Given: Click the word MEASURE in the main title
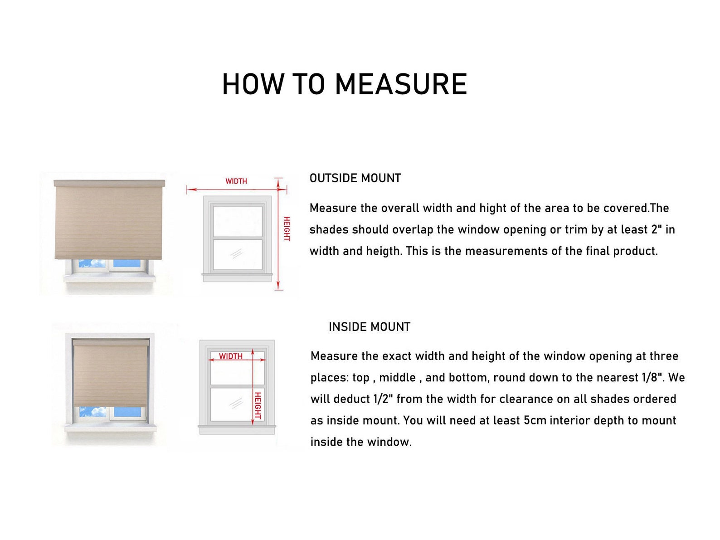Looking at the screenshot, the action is [401, 84].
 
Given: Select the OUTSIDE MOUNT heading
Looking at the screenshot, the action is [355, 178].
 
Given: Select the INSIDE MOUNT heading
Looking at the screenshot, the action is [370, 327].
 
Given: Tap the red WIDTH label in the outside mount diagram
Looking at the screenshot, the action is [236, 181].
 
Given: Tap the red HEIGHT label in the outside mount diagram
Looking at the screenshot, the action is [287, 229].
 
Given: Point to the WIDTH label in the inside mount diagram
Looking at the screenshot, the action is [231, 356].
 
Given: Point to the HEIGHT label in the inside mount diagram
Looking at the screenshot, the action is [258, 406].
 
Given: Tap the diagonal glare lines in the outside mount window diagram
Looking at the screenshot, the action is [236, 253].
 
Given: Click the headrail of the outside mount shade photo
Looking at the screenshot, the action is [110, 183].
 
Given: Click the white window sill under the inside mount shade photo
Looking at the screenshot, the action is [110, 428].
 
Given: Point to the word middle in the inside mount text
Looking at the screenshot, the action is [397, 378].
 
